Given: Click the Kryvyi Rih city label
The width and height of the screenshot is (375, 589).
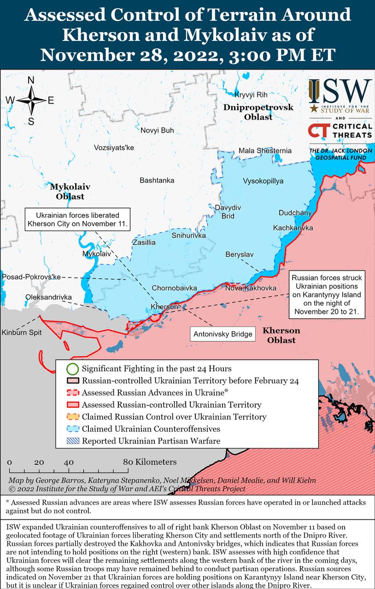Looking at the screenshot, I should coord(251,95).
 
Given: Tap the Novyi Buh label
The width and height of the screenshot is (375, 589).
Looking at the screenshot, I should coord(157,130).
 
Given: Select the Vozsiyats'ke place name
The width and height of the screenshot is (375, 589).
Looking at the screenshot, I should coord(114,148).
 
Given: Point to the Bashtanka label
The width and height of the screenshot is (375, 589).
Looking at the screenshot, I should coord(157,180).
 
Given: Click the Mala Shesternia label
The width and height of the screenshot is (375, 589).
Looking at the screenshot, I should coord(265,150).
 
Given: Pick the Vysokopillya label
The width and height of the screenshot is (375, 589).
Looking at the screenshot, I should coord(263,181).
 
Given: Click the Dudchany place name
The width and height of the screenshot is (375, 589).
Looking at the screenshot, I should coord(295,213).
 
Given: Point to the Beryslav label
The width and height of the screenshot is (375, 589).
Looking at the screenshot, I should coord(240,254).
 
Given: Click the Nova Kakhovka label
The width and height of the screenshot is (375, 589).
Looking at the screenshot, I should coord(251,288).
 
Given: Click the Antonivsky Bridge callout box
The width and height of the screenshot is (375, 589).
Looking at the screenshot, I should coord(223,334).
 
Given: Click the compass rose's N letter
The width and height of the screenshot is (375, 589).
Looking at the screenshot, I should coord(31,80).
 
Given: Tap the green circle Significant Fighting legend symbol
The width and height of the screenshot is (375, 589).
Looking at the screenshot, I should coord(72,369).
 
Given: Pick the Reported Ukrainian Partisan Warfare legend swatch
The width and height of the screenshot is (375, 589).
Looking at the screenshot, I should coord(72,441).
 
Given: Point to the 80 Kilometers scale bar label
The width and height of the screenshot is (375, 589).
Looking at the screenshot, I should coord(149,462).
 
